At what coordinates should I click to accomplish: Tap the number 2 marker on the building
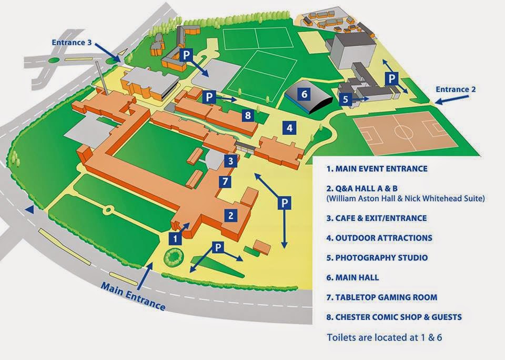point(230,215)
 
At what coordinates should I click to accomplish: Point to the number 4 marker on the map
point(289,127)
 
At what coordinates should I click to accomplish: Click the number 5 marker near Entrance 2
point(345,98)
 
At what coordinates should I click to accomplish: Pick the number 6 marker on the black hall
point(304,95)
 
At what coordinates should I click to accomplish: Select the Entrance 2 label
point(456,89)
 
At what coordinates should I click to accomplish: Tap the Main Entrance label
point(134,296)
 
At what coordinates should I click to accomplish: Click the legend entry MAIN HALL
point(352,277)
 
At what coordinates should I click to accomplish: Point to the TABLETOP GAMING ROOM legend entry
point(381,297)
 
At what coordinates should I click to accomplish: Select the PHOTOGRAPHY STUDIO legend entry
point(377,258)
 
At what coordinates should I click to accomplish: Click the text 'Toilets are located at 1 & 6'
point(385,337)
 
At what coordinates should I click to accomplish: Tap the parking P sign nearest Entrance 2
point(391,78)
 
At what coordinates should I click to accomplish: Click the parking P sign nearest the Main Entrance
point(219,247)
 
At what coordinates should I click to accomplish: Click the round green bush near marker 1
point(172,257)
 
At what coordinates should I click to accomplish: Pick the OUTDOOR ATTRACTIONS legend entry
point(379,238)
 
